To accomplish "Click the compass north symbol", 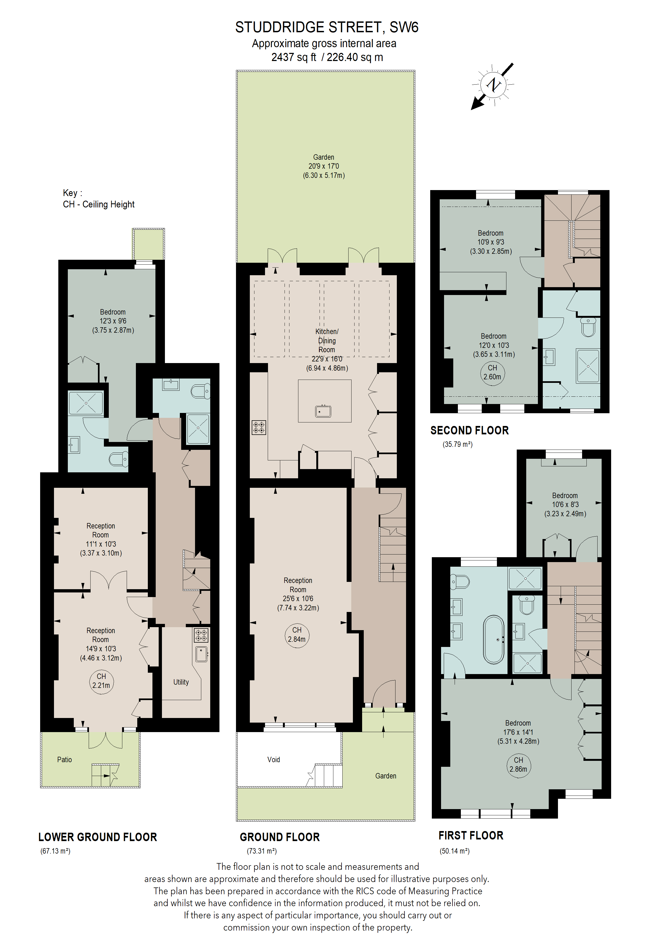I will (x=493, y=85).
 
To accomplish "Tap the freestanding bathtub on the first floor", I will (x=494, y=639).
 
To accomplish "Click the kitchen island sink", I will (x=323, y=411).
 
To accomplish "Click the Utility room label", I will (x=181, y=682).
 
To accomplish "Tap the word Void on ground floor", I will (x=274, y=759).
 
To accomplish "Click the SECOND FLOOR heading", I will (x=469, y=430).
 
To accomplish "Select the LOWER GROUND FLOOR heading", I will (x=98, y=837).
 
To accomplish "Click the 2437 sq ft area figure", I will (x=294, y=57).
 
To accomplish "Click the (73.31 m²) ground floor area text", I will (x=261, y=851).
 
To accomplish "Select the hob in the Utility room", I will (x=201, y=635).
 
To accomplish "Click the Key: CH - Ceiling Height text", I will (x=98, y=198).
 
